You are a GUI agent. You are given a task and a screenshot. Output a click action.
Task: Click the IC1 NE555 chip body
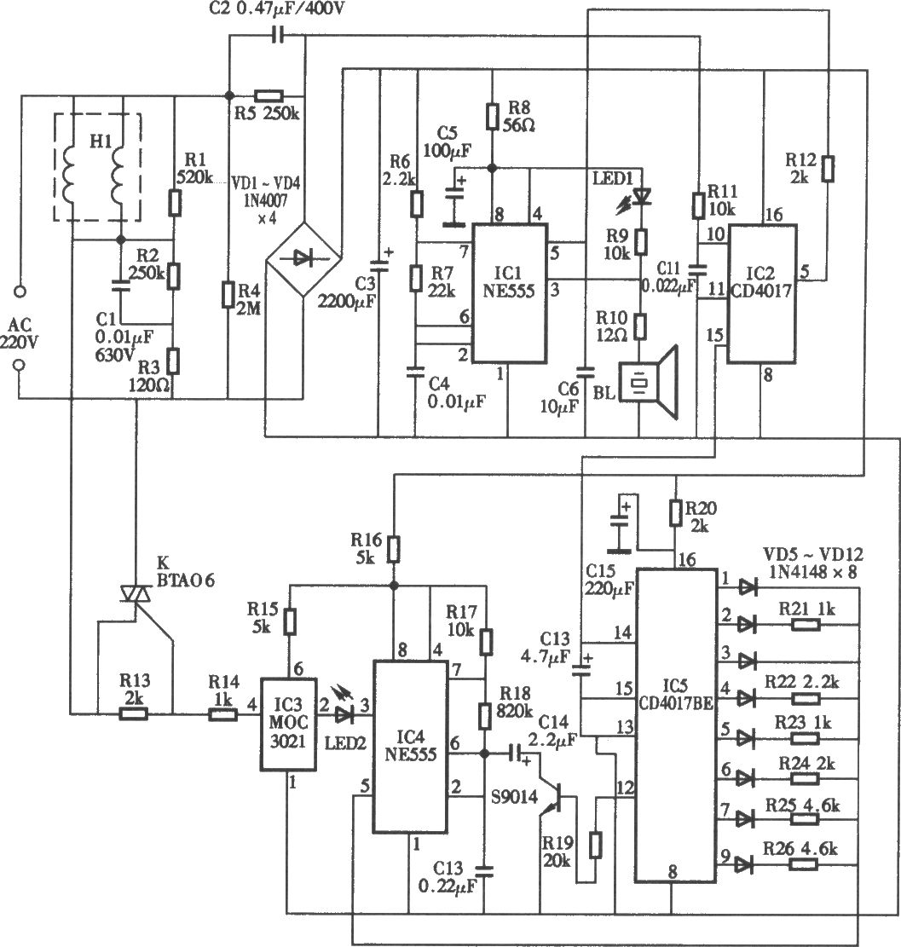[x=510, y=293]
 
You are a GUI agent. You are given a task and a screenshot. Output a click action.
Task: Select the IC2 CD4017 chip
[x=761, y=294]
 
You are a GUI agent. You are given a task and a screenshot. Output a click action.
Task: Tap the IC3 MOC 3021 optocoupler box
[x=288, y=725]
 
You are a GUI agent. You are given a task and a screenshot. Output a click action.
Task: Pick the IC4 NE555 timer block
[x=411, y=747]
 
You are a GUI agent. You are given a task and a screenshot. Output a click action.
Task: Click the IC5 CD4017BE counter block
[x=676, y=725]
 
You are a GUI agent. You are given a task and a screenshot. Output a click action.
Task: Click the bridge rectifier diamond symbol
[x=303, y=260]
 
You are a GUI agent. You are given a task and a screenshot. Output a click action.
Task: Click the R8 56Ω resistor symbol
[x=493, y=117]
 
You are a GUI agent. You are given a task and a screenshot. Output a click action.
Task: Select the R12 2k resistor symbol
[x=828, y=169]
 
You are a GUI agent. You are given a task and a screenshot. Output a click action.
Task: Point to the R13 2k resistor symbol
[x=134, y=714]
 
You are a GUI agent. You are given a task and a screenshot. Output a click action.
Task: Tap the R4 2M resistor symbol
[x=228, y=294]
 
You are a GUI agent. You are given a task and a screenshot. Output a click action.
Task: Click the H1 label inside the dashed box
[x=101, y=142]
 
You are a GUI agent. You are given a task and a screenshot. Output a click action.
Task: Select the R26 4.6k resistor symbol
[x=804, y=865]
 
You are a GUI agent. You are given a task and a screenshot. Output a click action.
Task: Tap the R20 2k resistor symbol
[x=676, y=513]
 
